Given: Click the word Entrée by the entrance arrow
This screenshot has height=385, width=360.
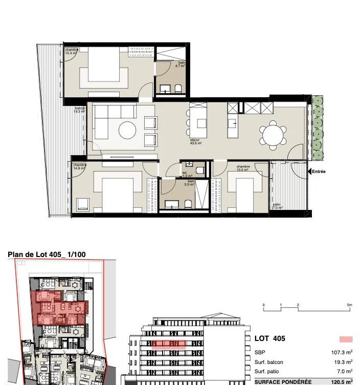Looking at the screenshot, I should pos(319,172).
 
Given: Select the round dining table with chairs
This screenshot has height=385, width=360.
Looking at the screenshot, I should pos(272,135).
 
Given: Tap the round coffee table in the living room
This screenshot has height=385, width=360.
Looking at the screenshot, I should pos(127,130).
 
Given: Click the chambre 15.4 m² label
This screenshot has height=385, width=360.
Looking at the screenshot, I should pos(71,51).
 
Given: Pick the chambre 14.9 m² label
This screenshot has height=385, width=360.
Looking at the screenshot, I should pos(79,166).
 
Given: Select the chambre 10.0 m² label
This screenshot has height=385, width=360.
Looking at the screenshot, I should pos(243,168).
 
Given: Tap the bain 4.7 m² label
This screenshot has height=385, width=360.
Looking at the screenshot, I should pos(181,64).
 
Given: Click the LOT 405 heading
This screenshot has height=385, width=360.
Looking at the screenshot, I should pos(269,338).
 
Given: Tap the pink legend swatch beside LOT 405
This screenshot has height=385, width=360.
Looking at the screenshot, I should pos(346,339).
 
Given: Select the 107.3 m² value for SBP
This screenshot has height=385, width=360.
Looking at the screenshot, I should pos(342,353).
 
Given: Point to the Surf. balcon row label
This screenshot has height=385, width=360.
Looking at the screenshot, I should pos(268,362).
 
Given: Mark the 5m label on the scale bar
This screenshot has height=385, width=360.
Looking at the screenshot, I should pos(349,305).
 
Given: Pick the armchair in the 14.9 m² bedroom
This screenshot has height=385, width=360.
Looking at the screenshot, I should pos(83,205).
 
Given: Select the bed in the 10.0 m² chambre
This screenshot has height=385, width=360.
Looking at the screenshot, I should pos(244,192).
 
